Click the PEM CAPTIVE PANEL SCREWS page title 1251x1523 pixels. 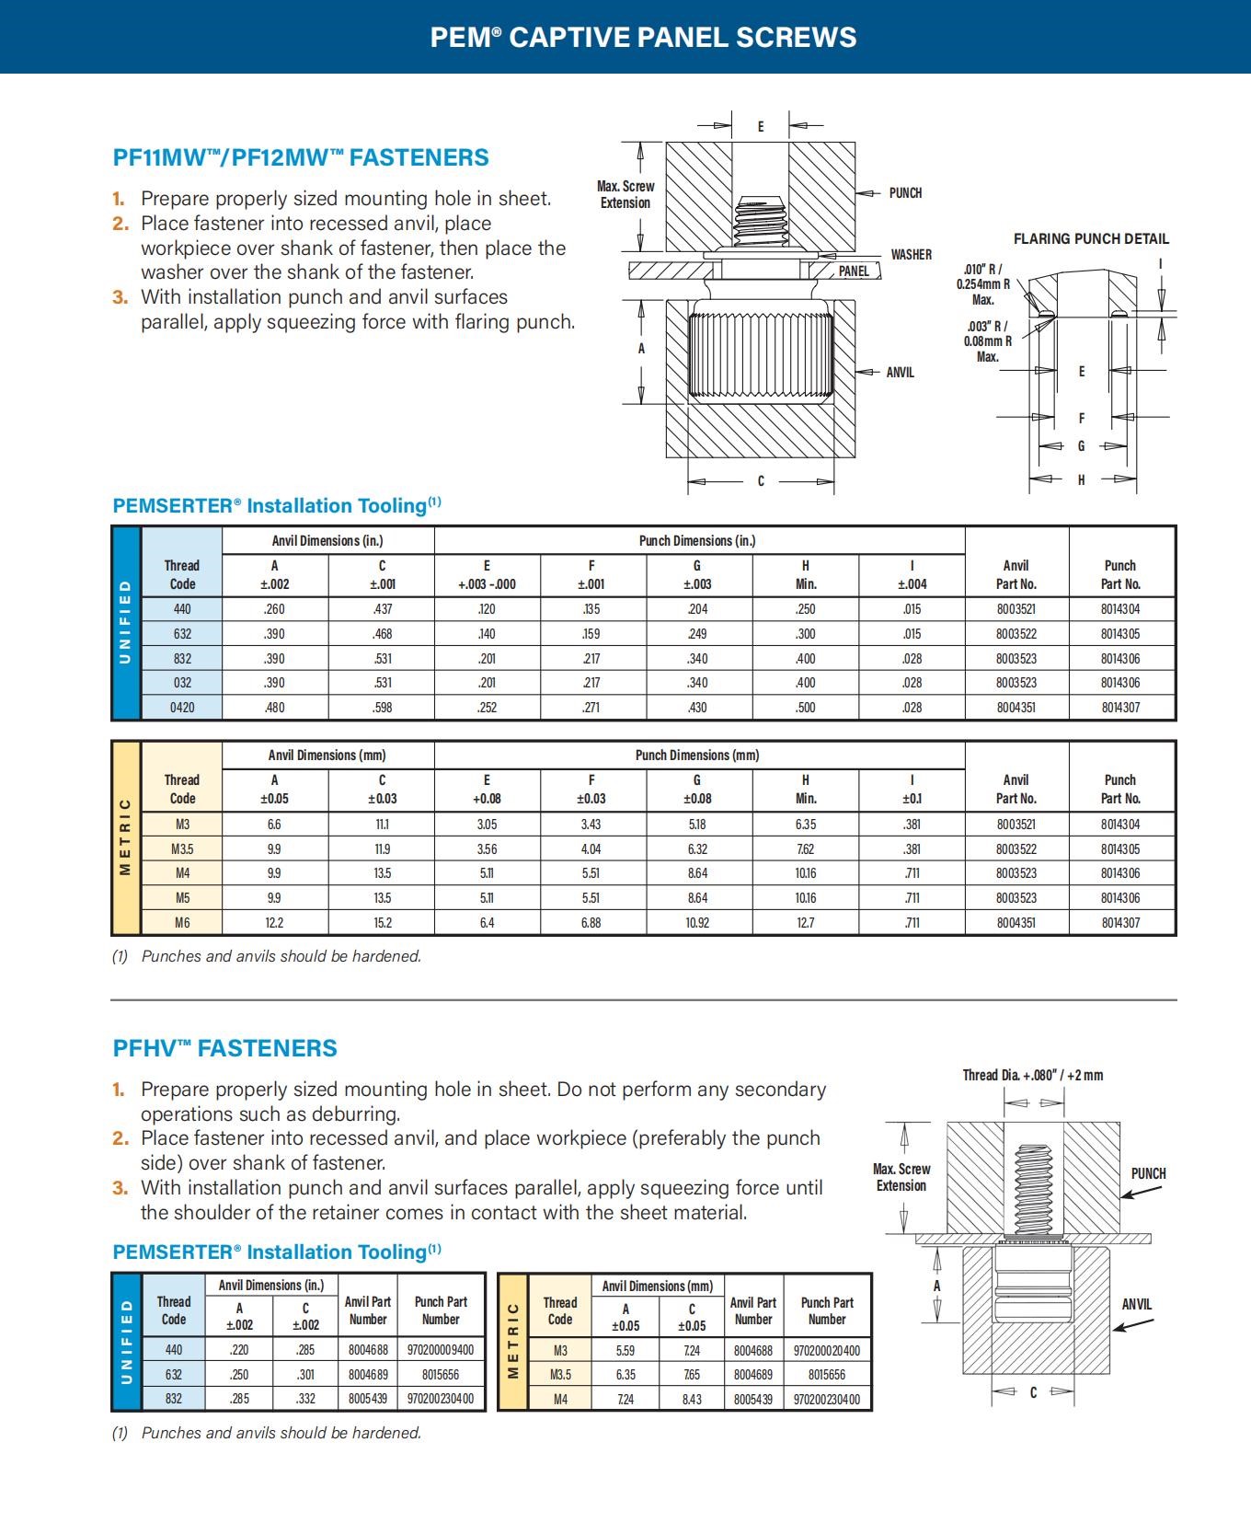pyautogui.click(x=643, y=38)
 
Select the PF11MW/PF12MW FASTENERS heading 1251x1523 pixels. pyautogui.click(x=301, y=157)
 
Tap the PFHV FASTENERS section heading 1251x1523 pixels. pyautogui.click(x=224, y=1048)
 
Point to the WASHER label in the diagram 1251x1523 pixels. pyautogui.click(x=911, y=255)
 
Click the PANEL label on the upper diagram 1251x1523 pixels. pyautogui.click(x=854, y=271)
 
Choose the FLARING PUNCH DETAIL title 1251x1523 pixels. pyautogui.click(x=1091, y=239)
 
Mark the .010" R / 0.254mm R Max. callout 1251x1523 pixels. pyautogui.click(x=982, y=284)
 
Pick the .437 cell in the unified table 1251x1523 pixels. pyautogui.click(x=382, y=609)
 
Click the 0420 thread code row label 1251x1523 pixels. pyautogui.click(x=182, y=708)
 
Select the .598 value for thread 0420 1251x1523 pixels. pyautogui.click(x=382, y=708)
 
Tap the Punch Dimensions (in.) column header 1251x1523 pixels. pyautogui.click(x=696, y=541)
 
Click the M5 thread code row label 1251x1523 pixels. pyautogui.click(x=182, y=898)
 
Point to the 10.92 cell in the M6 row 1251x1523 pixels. pyautogui.click(x=697, y=923)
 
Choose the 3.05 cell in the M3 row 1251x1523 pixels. pyautogui.click(x=487, y=825)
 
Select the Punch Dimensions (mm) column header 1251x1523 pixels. pyautogui.click(x=696, y=756)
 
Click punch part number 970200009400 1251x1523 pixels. pyautogui.click(x=441, y=1350)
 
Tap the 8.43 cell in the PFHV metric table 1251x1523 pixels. pyautogui.click(x=692, y=1400)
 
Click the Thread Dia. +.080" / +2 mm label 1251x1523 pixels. pyautogui.click(x=1032, y=1075)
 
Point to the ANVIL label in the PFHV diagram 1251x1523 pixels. pyautogui.click(x=1136, y=1305)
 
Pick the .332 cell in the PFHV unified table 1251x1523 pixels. pyautogui.click(x=305, y=1399)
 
